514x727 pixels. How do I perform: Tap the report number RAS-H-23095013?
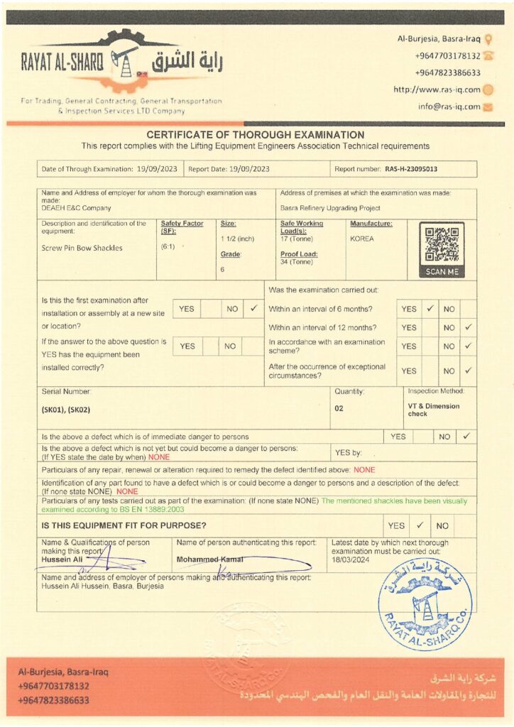(411, 169)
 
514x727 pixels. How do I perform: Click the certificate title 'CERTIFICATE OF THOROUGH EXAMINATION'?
(256, 135)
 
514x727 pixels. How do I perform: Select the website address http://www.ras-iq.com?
(437, 89)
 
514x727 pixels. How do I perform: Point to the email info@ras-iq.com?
(449, 107)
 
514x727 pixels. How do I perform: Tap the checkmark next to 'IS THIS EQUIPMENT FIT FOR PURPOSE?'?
(420, 525)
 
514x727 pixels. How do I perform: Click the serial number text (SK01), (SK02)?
(66, 410)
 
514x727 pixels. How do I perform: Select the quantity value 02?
(339, 408)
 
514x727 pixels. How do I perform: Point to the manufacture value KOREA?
(362, 239)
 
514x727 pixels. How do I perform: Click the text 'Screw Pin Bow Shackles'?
(82, 248)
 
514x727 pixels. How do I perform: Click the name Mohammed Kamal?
(209, 559)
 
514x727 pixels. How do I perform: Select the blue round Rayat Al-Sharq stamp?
(425, 605)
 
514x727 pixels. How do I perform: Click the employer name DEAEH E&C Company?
(76, 208)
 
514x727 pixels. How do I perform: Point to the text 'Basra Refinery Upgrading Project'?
(330, 208)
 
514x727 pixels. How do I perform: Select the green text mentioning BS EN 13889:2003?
(256, 505)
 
